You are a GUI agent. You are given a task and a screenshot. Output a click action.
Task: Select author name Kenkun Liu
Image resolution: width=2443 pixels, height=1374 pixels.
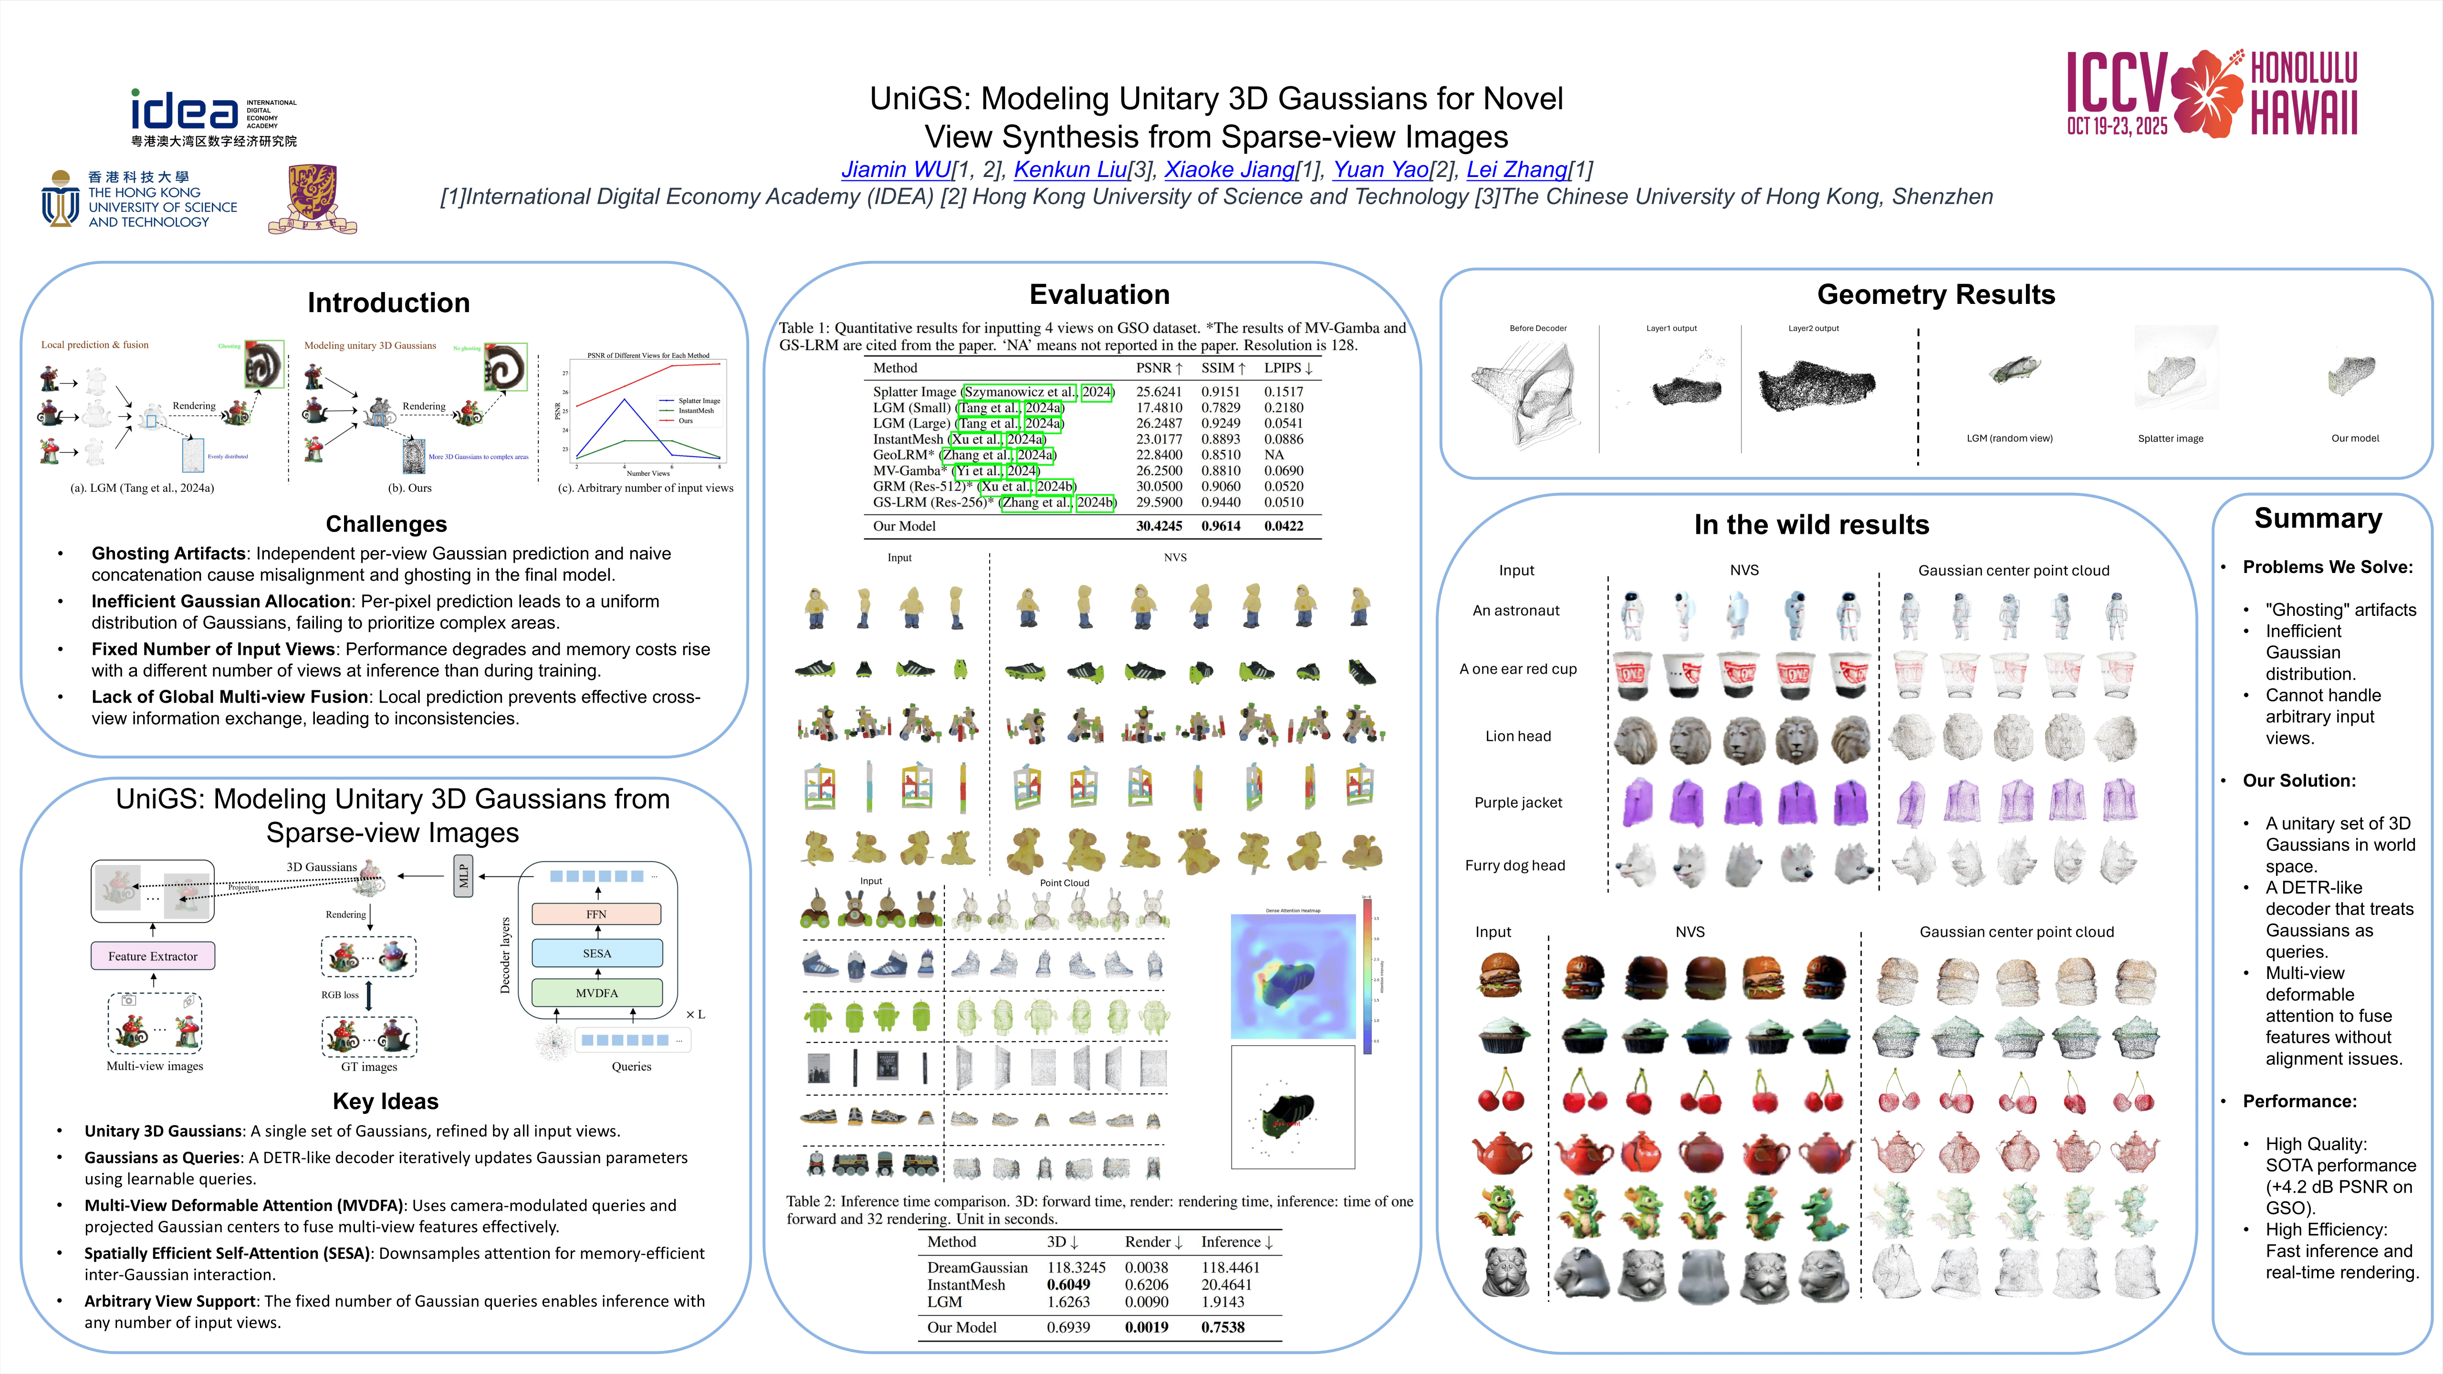[x=1070, y=170]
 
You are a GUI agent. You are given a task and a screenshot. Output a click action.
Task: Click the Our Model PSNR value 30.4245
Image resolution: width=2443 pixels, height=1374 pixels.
[x=1159, y=526]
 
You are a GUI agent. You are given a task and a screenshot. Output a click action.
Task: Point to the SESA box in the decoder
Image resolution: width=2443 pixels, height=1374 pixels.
[x=596, y=953]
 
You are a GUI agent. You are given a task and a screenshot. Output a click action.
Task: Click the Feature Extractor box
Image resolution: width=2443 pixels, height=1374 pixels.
[x=153, y=956]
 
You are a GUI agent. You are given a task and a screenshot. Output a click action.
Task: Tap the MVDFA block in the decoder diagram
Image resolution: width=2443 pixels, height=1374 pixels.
[x=596, y=993]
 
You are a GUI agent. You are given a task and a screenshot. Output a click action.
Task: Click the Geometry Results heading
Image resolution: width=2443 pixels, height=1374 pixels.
[x=1936, y=295]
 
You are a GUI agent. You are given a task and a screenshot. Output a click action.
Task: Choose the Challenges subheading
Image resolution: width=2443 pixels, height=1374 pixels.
[x=386, y=524]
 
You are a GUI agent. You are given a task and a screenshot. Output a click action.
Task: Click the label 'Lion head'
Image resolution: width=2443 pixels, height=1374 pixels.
[x=1517, y=736]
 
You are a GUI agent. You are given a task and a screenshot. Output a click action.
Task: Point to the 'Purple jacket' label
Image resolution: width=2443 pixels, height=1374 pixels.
[x=1517, y=802]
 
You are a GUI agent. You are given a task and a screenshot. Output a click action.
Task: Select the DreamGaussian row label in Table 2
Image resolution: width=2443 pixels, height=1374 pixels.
[x=977, y=1268]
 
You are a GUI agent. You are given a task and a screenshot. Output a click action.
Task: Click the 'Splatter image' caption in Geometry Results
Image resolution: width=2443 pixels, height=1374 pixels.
[x=2170, y=439]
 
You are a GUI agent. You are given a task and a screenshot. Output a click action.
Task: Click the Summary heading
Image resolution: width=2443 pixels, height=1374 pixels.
[x=2318, y=519]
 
